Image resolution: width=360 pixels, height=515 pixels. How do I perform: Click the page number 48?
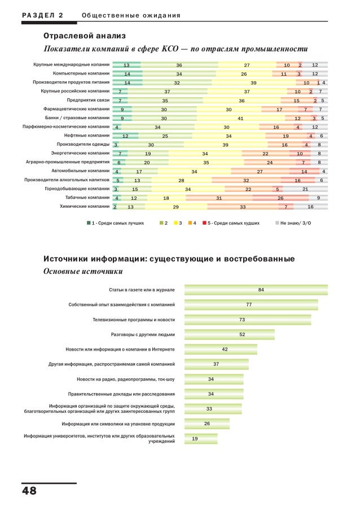click(x=29, y=491)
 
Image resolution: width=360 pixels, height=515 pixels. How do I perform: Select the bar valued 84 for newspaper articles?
click(x=256, y=290)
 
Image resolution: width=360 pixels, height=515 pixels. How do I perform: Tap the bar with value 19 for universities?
click(x=201, y=439)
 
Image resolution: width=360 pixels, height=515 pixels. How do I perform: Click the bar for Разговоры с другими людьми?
click(x=230, y=334)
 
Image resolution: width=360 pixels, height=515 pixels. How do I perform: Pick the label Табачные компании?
click(x=87, y=198)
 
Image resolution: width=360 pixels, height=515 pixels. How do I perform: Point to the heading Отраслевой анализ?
click(x=84, y=36)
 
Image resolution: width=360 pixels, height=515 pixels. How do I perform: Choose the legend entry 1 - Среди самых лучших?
click(x=115, y=223)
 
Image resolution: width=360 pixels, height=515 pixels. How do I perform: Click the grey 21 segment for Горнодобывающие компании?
click(x=305, y=189)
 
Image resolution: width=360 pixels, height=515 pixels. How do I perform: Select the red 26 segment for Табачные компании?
click(x=280, y=198)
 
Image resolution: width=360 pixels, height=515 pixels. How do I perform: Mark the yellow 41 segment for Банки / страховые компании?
click(x=240, y=118)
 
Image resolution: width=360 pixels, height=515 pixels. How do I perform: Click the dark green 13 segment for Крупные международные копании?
click(x=126, y=65)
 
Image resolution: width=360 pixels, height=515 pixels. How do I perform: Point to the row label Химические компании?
click(x=85, y=206)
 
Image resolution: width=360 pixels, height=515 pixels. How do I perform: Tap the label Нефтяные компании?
click(x=87, y=136)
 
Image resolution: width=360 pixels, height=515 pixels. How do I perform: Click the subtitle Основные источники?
click(x=83, y=271)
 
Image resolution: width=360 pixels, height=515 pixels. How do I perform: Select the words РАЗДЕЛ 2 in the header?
click(x=43, y=15)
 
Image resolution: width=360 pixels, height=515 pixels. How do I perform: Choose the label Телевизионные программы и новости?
click(x=134, y=320)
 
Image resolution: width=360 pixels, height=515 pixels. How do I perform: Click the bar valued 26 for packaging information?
click(x=207, y=424)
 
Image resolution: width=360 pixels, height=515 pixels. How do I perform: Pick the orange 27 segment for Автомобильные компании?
click(x=260, y=171)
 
